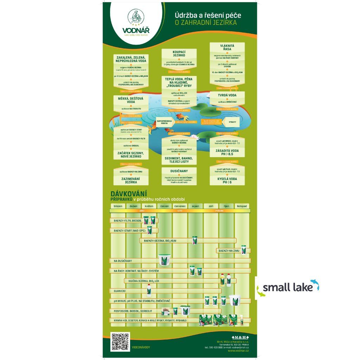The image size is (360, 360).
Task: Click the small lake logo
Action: click(288, 288)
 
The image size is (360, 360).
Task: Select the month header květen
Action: click(149, 206)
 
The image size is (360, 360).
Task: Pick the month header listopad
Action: click(242, 206)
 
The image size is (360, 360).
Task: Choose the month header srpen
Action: click(195, 206)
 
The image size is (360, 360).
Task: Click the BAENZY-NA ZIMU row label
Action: click(229, 251)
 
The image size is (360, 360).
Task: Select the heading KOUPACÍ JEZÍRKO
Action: click(179, 53)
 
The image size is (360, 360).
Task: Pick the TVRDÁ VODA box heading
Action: click(227, 95)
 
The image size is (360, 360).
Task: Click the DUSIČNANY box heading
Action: click(179, 171)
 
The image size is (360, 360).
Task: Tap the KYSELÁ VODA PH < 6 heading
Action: click(227, 180)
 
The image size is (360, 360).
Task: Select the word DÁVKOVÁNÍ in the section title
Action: click(129, 193)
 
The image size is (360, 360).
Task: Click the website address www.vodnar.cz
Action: click(238, 351)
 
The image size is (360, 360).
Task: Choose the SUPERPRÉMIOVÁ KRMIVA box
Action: click(164, 122)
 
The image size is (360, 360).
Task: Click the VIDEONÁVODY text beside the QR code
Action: click(141, 347)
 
